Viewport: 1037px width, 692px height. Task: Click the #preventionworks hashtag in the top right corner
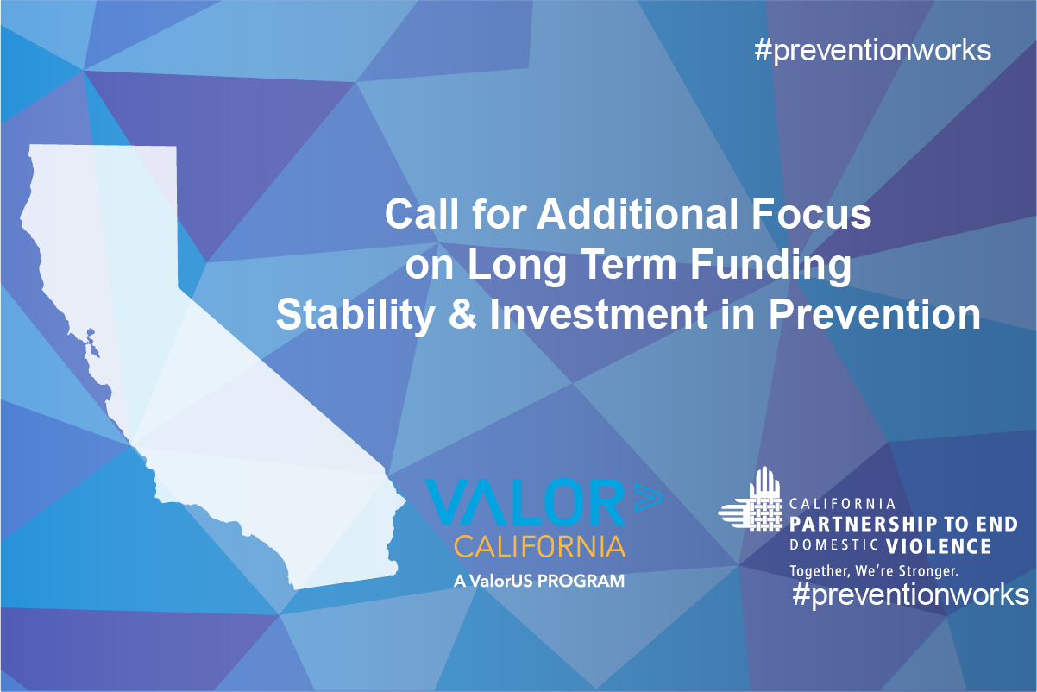(873, 51)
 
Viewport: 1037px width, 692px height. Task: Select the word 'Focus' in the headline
(811, 214)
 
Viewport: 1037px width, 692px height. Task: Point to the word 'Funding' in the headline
(770, 266)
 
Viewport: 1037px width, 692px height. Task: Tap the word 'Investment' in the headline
(599, 314)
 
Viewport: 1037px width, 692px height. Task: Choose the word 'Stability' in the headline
(355, 316)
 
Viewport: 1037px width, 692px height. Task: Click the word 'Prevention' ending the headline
(875, 314)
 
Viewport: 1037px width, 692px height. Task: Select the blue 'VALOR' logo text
(525, 503)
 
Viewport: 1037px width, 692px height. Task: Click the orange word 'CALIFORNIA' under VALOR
(540, 547)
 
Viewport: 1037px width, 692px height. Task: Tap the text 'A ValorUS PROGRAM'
(539, 581)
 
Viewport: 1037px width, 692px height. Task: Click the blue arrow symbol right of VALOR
(648, 497)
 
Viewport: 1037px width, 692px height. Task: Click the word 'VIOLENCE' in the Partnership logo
(939, 547)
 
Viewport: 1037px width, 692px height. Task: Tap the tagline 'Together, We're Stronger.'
(874, 571)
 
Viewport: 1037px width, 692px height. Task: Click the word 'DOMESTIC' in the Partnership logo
(833, 545)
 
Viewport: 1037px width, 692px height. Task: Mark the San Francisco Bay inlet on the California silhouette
(92, 343)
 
